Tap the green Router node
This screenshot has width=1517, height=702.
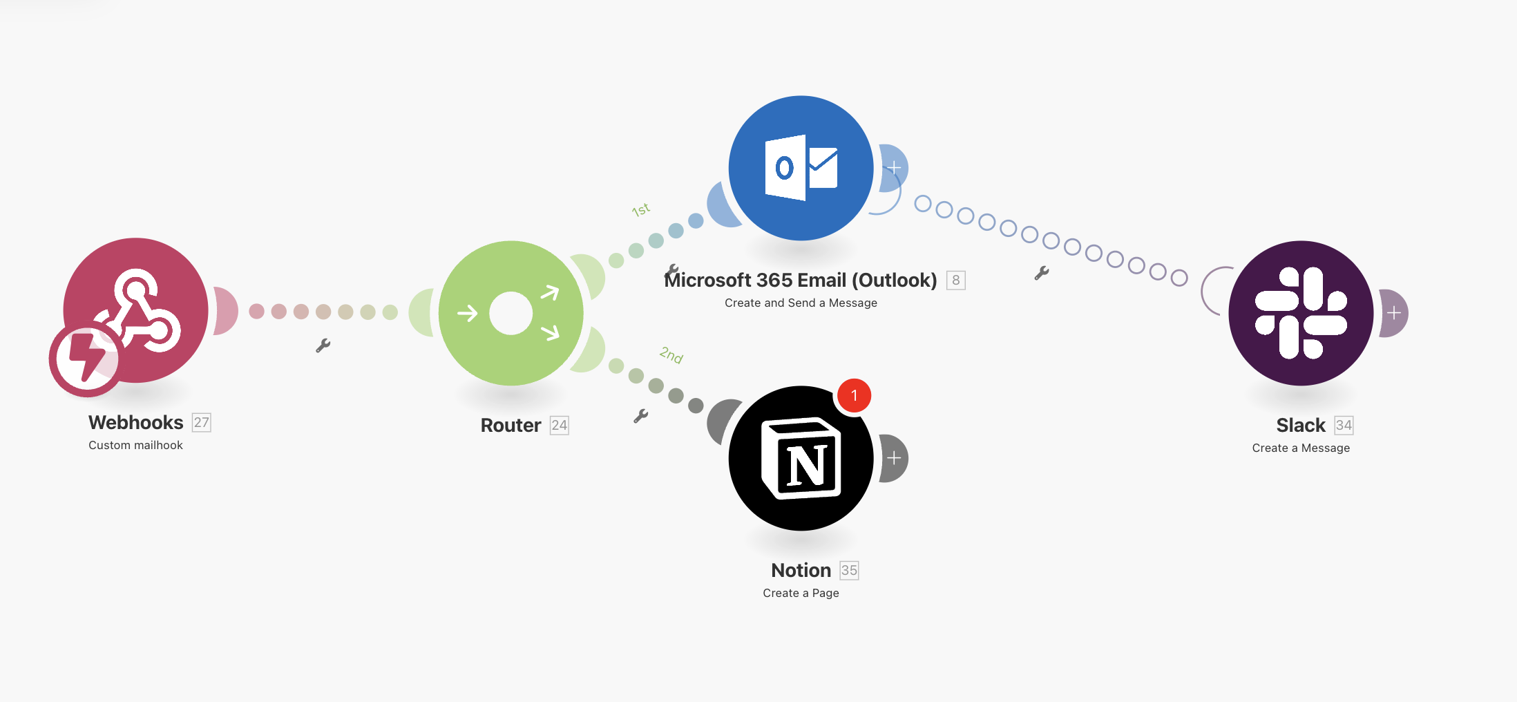(x=511, y=313)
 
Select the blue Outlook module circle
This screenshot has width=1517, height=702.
(x=801, y=168)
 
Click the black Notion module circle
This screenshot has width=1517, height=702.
(x=801, y=458)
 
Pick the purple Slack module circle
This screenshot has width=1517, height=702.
(x=1301, y=313)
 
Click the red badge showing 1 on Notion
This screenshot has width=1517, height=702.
(x=854, y=395)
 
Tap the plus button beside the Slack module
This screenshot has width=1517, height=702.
(x=1394, y=313)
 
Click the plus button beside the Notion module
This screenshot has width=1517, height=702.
(x=894, y=458)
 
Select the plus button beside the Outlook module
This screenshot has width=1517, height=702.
(x=894, y=168)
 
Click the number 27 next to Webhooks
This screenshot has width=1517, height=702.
(x=201, y=422)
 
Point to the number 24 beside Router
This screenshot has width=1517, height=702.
(x=559, y=425)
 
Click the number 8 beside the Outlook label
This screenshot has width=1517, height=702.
(x=955, y=280)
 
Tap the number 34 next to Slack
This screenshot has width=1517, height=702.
(x=1343, y=425)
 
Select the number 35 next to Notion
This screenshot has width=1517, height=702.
(x=849, y=570)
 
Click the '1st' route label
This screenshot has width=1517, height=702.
(x=640, y=209)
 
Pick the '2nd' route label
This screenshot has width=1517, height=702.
(x=671, y=355)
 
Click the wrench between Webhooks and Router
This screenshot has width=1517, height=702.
(x=323, y=345)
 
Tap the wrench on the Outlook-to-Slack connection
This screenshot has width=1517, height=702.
(x=1041, y=273)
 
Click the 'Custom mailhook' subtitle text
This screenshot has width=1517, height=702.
(x=135, y=445)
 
